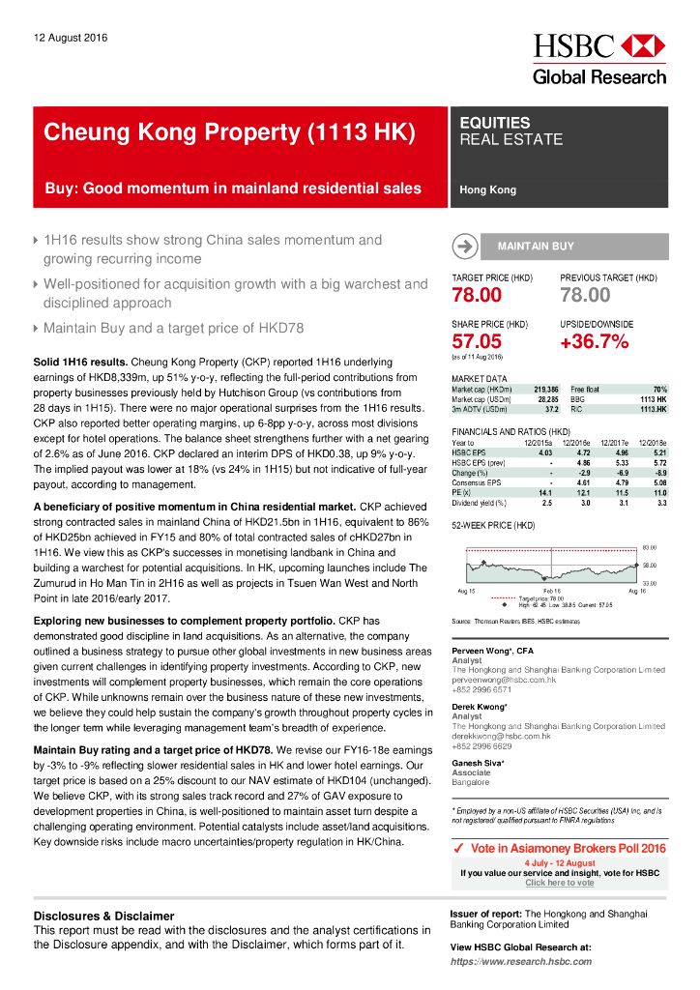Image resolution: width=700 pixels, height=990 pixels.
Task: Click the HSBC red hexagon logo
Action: coord(642,45)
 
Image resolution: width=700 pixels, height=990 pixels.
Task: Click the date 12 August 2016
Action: coord(71,38)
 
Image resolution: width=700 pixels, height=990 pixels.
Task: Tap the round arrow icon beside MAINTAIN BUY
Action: coord(464,247)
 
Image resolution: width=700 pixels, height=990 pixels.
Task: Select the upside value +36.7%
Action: coord(594,341)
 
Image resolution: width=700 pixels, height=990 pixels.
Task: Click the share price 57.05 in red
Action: coord(477,341)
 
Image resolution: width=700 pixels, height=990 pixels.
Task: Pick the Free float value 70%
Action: coord(659,388)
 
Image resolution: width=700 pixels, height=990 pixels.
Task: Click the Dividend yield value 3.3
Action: coord(661,503)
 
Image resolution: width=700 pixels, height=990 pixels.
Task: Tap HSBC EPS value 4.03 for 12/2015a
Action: coord(544,451)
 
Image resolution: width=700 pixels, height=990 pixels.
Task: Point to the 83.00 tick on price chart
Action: coord(650,546)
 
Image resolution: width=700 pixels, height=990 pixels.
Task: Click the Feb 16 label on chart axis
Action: coord(551,590)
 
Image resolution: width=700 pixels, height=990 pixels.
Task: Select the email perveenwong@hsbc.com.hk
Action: coord(504,681)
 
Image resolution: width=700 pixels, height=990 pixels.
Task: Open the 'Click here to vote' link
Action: coord(560,883)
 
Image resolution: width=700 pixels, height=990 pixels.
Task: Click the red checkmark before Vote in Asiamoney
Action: coord(460,848)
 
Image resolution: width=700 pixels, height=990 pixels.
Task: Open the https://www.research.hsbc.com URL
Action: coord(521,962)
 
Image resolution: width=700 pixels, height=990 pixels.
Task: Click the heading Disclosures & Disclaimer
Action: coord(103,916)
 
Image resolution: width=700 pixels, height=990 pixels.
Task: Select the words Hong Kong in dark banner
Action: coord(488,190)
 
